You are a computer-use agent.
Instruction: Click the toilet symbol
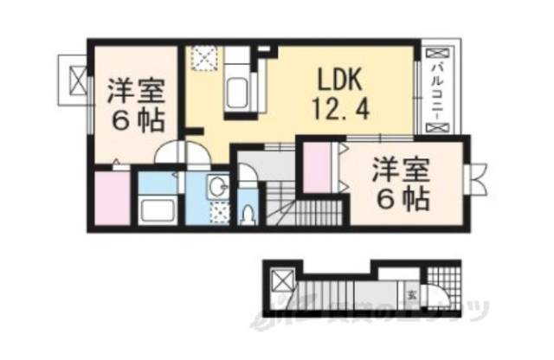click(x=248, y=213)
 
